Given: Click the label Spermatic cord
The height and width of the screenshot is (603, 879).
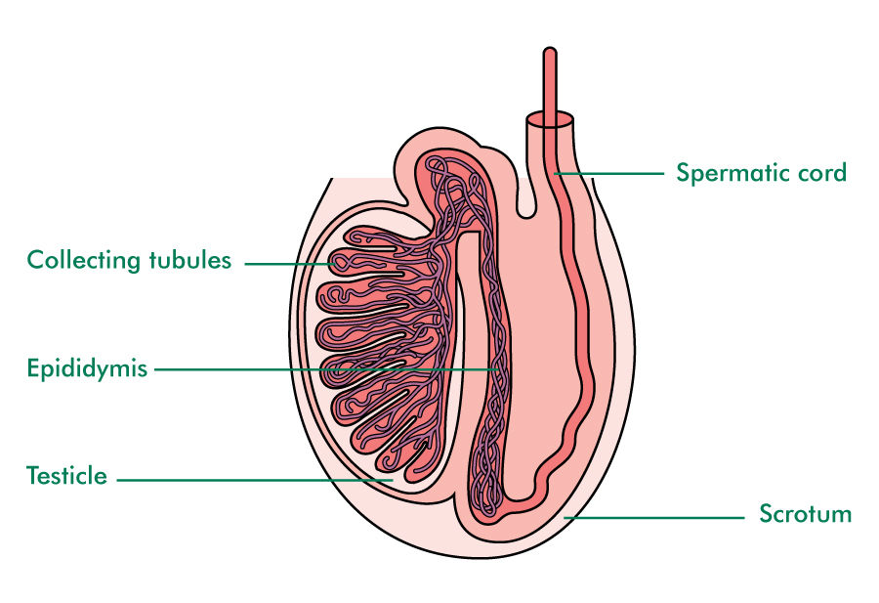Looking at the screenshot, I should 761,174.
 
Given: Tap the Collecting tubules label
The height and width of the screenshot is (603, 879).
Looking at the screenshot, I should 129,260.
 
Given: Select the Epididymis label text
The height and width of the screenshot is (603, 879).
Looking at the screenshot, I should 87,369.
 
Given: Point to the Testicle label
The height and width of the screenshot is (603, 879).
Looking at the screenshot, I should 66,477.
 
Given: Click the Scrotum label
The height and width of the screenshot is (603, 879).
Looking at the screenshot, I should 805,514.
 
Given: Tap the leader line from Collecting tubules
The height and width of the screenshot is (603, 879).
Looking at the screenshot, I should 293,263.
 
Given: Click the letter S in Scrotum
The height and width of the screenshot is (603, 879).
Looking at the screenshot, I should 767,514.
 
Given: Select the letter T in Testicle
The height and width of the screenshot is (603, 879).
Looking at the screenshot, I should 32,477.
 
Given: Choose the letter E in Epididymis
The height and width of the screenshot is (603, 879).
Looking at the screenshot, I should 33,369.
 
